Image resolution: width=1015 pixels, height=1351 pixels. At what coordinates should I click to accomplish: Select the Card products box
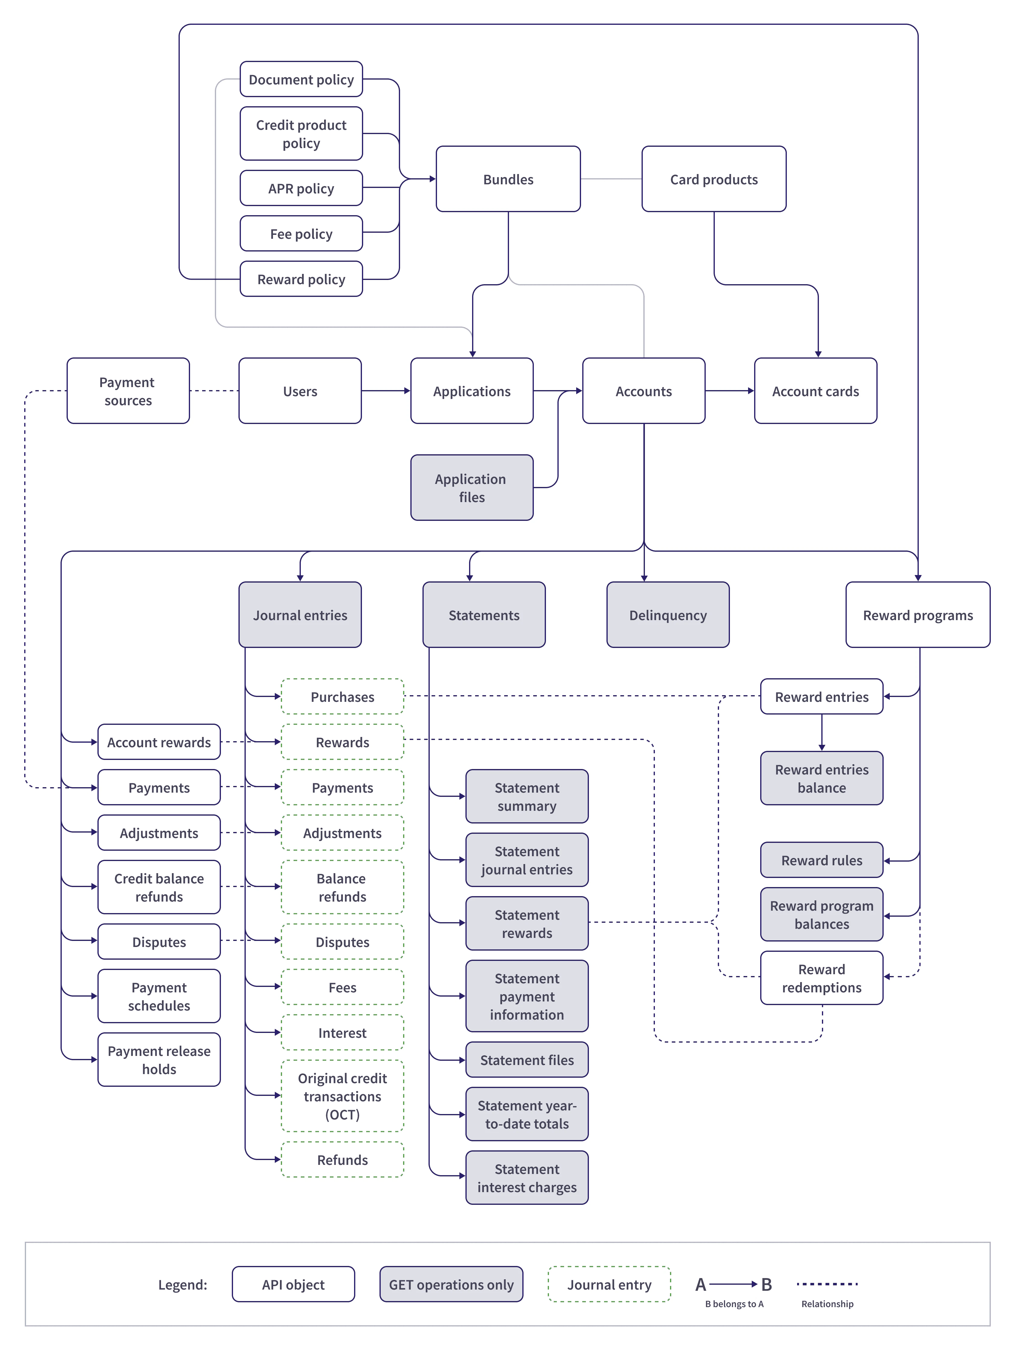(x=713, y=179)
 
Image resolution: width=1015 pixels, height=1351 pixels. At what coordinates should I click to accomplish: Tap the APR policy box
(x=301, y=188)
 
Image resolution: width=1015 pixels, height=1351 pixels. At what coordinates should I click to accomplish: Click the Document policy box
(x=301, y=79)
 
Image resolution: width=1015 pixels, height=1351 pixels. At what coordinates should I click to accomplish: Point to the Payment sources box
(x=128, y=391)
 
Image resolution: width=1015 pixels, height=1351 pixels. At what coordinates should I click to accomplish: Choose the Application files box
(x=471, y=487)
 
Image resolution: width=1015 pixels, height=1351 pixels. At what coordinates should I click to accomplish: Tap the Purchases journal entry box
(x=342, y=696)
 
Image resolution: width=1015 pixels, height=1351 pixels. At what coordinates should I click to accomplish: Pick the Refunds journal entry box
(x=342, y=1159)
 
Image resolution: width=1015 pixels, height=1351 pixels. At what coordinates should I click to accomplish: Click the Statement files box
(x=527, y=1060)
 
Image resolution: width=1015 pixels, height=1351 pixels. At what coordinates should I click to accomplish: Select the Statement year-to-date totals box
(x=527, y=1114)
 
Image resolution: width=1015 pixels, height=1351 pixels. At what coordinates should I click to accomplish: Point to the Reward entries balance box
(x=821, y=778)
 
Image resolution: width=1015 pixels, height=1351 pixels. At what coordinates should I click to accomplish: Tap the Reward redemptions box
(x=821, y=978)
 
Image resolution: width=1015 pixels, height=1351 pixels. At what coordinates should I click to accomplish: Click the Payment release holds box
(x=159, y=1060)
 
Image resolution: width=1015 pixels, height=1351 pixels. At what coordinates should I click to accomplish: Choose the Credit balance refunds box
(x=159, y=887)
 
